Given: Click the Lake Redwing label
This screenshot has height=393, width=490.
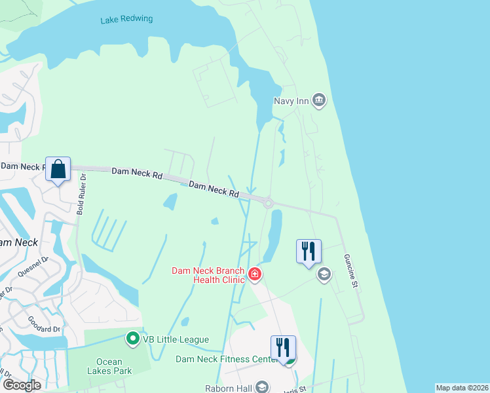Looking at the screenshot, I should tap(126, 20).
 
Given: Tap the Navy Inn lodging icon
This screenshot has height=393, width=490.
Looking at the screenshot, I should tap(319, 101).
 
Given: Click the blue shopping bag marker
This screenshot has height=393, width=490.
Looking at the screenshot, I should tap(58, 170).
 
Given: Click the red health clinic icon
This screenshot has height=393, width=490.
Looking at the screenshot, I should tap(254, 274).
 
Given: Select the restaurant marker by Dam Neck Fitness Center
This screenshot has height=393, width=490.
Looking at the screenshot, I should tap(283, 348).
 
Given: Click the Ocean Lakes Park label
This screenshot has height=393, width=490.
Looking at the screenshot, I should tap(114, 366).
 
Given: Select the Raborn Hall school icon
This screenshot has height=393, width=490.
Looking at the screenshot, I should tap(262, 386).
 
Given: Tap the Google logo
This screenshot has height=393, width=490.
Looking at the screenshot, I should tap(22, 385).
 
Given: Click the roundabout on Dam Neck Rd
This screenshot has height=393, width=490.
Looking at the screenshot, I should tap(268, 204).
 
